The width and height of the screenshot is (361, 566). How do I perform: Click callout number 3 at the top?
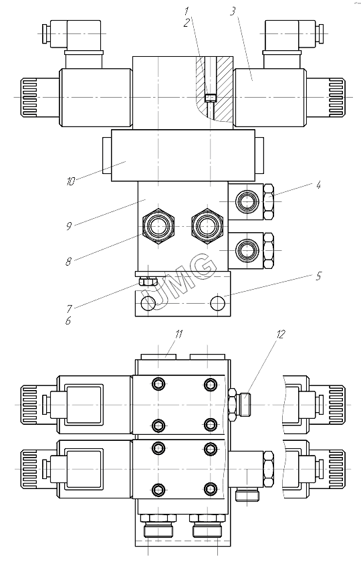(x=233, y=11)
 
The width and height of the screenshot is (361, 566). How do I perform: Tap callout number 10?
(x=71, y=181)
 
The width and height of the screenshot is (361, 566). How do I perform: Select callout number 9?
(x=69, y=226)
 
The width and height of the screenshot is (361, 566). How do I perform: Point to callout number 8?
(x=68, y=262)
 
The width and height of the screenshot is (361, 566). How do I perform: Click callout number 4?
(x=318, y=185)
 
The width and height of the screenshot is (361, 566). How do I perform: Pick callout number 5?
(x=318, y=276)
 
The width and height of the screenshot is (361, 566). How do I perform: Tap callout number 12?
(x=281, y=335)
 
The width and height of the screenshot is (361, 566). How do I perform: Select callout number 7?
(x=69, y=308)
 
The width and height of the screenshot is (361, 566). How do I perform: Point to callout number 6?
(x=68, y=320)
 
